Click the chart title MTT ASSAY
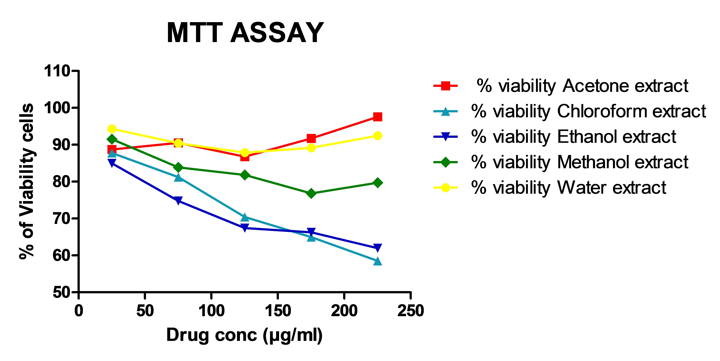click(x=245, y=33)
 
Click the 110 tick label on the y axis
click(x=57, y=71)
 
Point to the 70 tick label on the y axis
click(x=61, y=218)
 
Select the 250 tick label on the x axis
click(x=410, y=311)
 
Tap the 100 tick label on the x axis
click(x=211, y=311)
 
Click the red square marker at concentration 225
click(x=377, y=117)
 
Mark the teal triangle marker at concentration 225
click(x=377, y=261)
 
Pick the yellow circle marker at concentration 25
click(x=112, y=129)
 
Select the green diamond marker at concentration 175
click(x=311, y=193)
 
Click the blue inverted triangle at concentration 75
click(x=178, y=200)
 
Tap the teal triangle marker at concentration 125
click(x=245, y=217)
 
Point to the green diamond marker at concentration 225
click(x=377, y=183)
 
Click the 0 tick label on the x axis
click(x=79, y=311)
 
